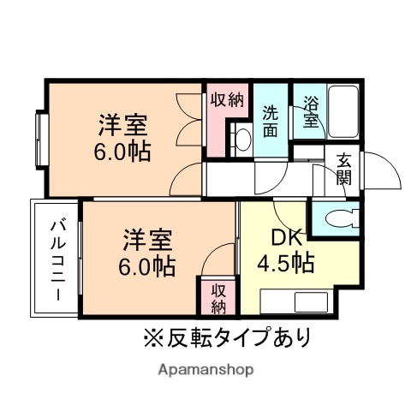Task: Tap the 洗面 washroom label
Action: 271,121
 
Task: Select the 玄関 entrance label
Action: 342,169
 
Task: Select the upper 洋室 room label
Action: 122,126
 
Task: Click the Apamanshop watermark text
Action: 205,370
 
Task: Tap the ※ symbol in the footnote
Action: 152,337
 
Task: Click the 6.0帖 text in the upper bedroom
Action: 123,152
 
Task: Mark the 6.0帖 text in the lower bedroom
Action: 148,265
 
